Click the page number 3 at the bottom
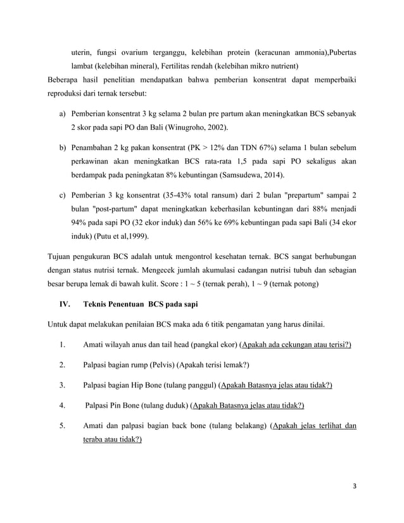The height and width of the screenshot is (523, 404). [x=355, y=486]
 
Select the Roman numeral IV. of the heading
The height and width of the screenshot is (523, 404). [x=65, y=304]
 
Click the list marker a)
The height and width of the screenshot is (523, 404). [x=63, y=115]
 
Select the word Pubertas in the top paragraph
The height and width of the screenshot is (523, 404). [x=340, y=53]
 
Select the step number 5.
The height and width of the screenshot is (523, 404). [x=62, y=425]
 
